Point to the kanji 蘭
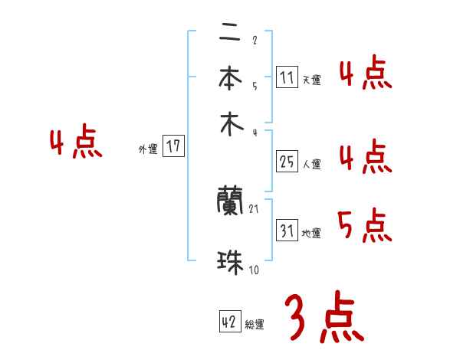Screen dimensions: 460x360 pyautogui.click(x=230, y=201)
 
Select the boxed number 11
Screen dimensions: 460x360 pyautogui.click(x=287, y=77)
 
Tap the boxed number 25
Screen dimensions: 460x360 pyautogui.click(x=287, y=162)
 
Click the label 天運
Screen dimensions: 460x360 pyautogui.click(x=311, y=80)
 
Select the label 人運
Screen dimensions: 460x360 pyautogui.click(x=311, y=163)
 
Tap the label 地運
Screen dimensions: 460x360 pyautogui.click(x=311, y=234)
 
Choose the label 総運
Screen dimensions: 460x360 pyautogui.click(x=255, y=325)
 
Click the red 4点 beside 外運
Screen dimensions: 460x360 pyautogui.click(x=76, y=144)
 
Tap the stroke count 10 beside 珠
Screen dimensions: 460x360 pyautogui.click(x=253, y=270)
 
